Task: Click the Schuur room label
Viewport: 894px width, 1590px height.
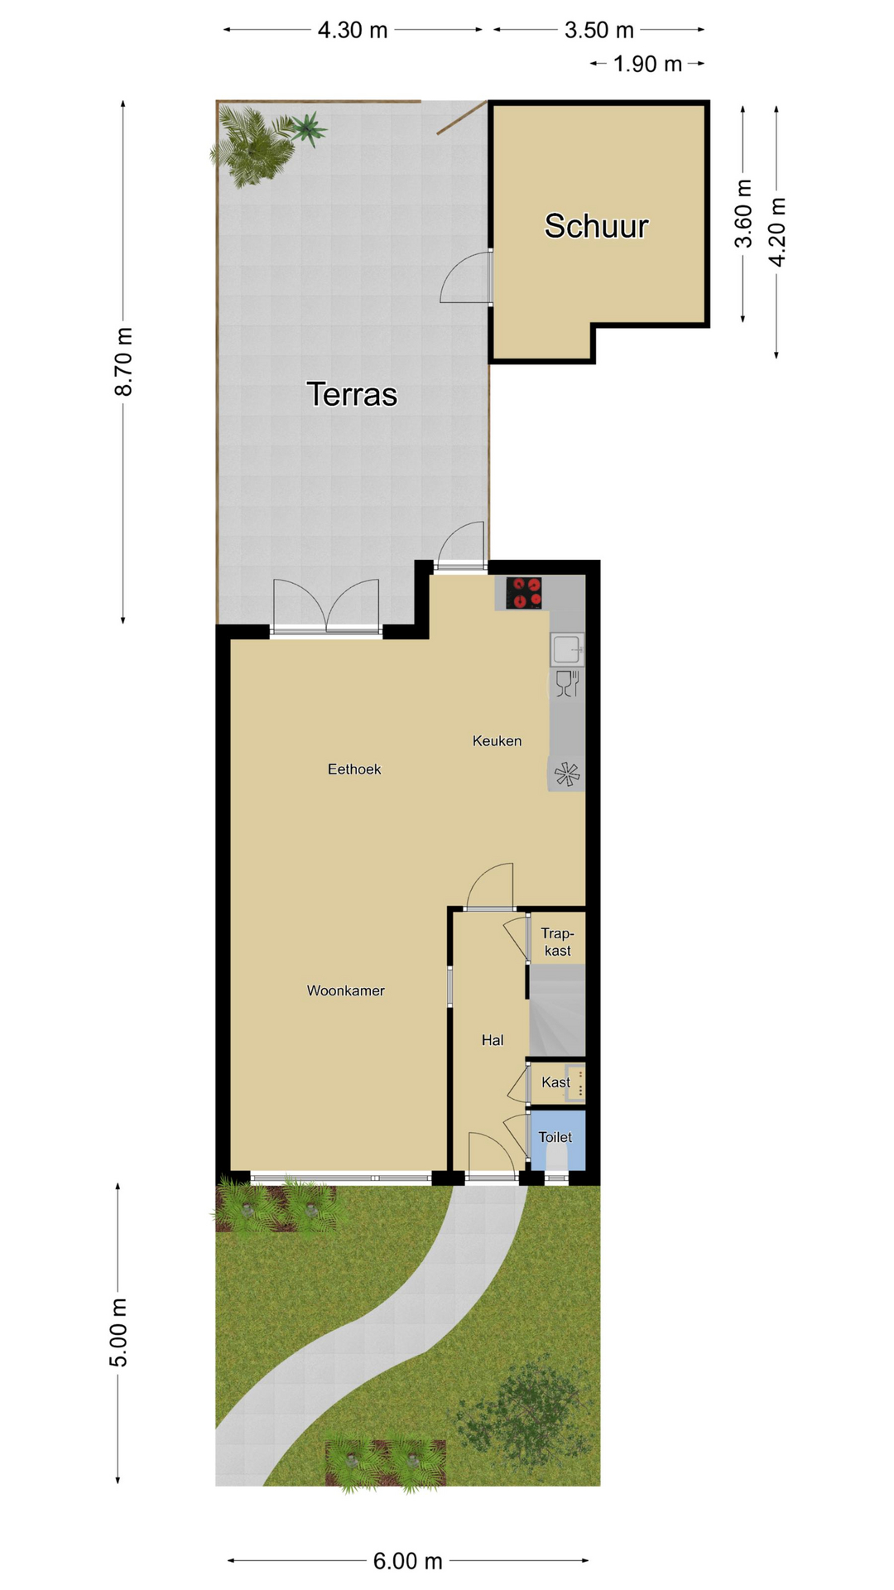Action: pos(596,226)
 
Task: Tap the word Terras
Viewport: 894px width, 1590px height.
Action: pos(352,394)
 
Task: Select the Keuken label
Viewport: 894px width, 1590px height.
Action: pos(497,740)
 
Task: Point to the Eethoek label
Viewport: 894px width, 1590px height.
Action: pos(354,769)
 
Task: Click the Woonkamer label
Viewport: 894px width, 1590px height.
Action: pos(345,990)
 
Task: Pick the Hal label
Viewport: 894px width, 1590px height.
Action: pos(493,1040)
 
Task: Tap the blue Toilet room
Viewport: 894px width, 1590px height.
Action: pos(557,1140)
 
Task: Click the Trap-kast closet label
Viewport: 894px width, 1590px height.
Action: pos(557,942)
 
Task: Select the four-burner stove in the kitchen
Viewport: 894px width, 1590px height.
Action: pos(524,593)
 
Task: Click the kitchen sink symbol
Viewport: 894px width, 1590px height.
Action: pos(568,649)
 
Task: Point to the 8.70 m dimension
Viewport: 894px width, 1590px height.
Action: pos(123,362)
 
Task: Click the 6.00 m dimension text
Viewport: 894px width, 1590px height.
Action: pos(408,1561)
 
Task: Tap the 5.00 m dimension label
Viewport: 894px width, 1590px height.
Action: pos(118,1333)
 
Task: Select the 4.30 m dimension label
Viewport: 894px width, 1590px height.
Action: pos(353,31)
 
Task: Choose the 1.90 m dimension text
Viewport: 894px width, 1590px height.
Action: pos(647,64)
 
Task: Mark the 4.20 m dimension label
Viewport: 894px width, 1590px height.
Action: pos(777,232)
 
